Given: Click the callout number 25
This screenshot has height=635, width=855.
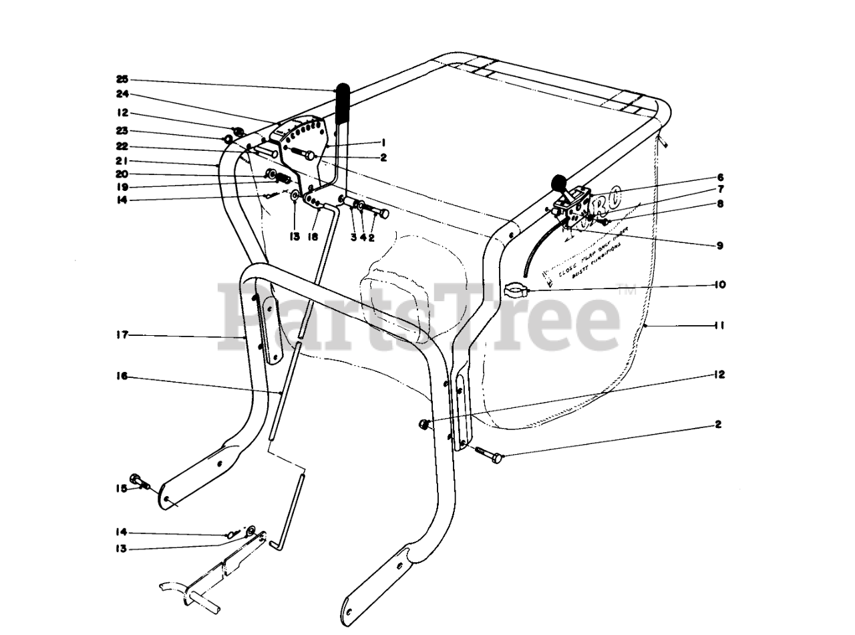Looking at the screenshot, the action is [x=122, y=78].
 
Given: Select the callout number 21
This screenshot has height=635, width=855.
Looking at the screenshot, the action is [x=122, y=161].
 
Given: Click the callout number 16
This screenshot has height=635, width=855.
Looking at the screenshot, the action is [x=122, y=377].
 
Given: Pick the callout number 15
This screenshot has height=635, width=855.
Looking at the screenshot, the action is [x=122, y=489].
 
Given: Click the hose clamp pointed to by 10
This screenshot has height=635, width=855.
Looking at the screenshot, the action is [x=514, y=290].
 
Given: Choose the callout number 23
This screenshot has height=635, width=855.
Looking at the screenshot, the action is [x=122, y=131].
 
